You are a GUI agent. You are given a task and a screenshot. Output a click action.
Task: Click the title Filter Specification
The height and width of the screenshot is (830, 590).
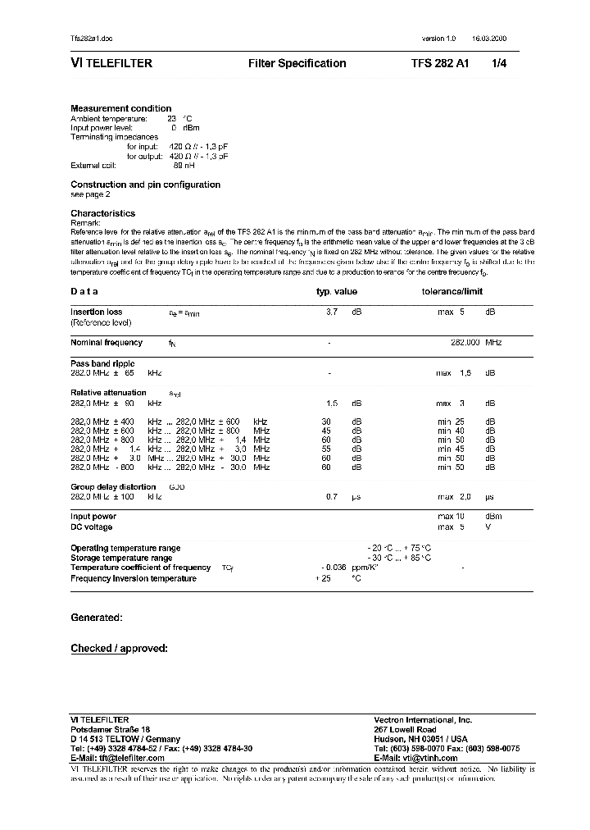(297, 64)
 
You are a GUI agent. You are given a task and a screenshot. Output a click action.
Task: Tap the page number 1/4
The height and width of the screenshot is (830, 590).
(499, 64)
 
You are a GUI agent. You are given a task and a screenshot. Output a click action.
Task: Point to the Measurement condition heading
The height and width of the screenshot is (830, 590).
(121, 108)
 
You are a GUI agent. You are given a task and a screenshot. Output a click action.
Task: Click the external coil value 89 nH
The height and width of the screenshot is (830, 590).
(184, 165)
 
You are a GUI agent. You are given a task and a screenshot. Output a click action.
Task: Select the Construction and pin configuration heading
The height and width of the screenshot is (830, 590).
(145, 185)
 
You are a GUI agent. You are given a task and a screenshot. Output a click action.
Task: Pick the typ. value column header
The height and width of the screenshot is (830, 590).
(337, 291)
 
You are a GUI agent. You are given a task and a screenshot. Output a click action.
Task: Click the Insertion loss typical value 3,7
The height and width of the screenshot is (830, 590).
(332, 312)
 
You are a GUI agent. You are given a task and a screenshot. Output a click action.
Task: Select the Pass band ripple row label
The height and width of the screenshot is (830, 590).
(102, 363)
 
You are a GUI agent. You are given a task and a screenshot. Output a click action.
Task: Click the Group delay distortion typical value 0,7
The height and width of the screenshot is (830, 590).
(332, 497)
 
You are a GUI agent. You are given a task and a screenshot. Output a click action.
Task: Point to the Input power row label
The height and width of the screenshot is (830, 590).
(93, 517)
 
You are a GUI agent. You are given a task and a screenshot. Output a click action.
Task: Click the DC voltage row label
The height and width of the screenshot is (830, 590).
(93, 527)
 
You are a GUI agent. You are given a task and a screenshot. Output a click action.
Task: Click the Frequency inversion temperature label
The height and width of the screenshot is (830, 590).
(134, 578)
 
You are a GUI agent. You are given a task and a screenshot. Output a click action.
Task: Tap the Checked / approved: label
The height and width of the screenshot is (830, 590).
(119, 649)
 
